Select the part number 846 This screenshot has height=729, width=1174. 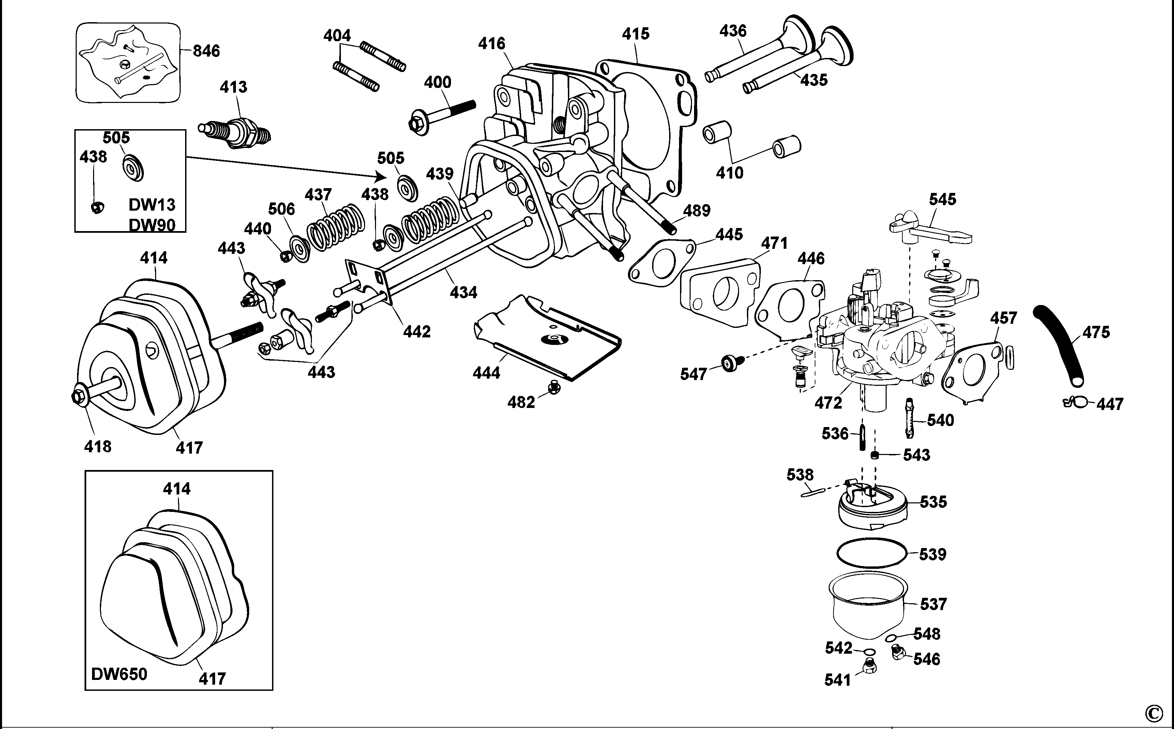[x=206, y=51]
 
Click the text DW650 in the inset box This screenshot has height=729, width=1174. [x=119, y=673]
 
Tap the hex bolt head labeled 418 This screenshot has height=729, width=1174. [x=78, y=397]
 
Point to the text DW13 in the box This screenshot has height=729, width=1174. [x=152, y=205]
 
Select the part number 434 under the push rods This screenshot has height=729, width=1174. [x=463, y=292]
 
